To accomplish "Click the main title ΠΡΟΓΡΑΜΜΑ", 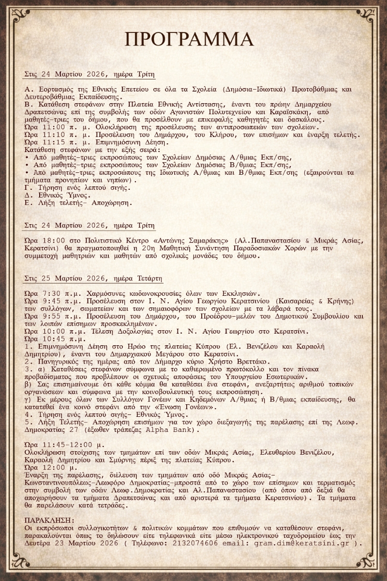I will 189,39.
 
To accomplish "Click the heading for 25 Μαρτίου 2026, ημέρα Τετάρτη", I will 93,279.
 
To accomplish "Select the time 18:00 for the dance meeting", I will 56,240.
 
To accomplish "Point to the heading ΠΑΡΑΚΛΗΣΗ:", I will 50,520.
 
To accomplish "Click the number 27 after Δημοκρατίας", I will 77,429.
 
